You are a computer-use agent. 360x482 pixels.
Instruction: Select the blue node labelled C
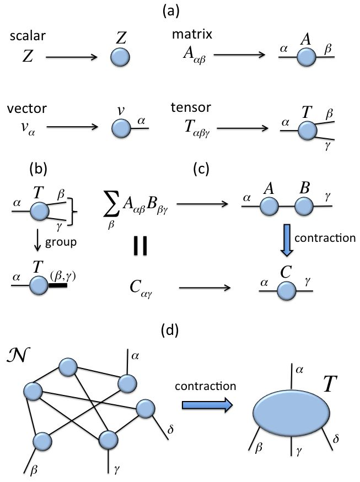point(286,290)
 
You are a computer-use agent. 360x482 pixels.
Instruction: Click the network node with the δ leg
point(146,409)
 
